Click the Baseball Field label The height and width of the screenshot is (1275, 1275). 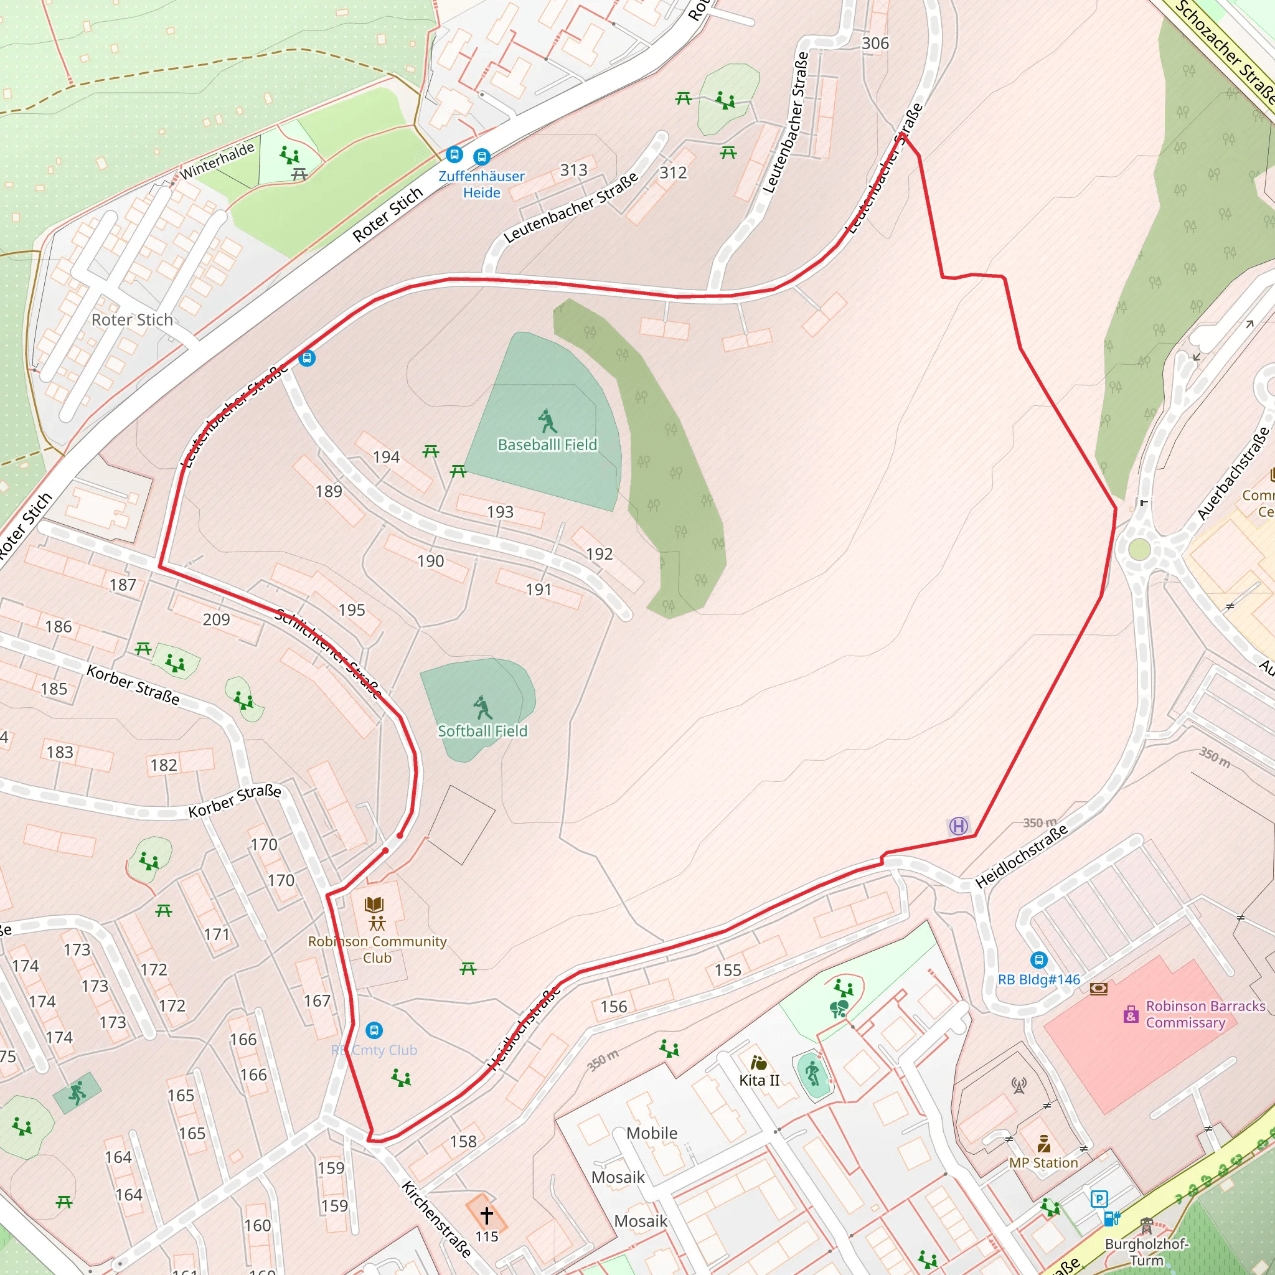pos(547,445)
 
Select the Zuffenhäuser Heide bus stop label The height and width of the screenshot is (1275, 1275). pos(481,184)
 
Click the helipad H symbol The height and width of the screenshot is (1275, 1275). pos(958,826)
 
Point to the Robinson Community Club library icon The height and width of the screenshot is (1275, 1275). pos(374,905)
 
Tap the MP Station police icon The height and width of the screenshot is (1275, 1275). pos(1043,1143)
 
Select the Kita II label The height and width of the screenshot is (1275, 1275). pos(759,1080)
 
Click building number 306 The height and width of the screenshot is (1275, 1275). pos(875,44)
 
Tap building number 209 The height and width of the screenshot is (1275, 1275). pos(217,619)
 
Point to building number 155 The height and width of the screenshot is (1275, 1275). pos(728,970)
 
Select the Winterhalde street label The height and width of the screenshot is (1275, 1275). pos(217,161)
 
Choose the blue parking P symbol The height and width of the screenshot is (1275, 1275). pos(1099,1198)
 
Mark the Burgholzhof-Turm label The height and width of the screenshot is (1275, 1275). pos(1146,1252)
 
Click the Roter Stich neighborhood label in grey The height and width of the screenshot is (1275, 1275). pos(132,320)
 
